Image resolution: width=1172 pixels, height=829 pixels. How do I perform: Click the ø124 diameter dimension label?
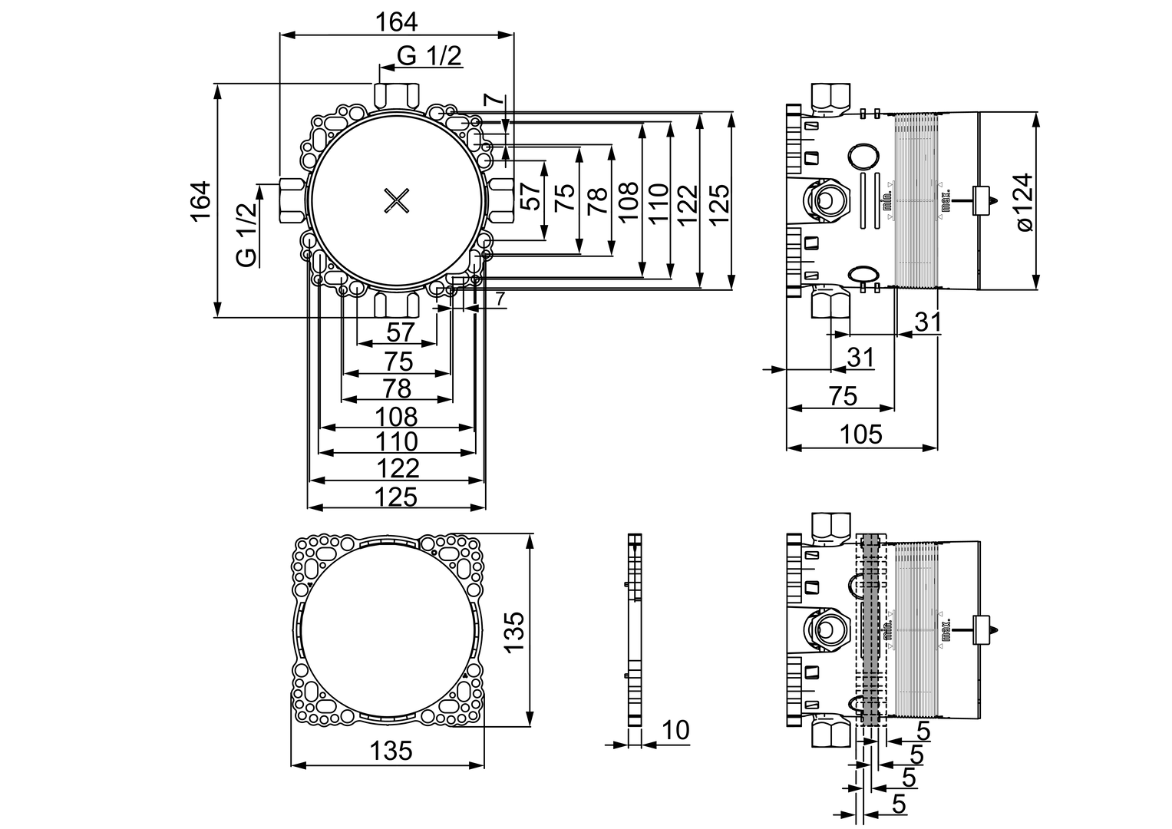tap(1024, 202)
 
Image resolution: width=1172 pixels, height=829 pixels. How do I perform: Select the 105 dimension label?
tap(860, 434)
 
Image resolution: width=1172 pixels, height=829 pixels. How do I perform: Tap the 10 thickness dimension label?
tap(675, 729)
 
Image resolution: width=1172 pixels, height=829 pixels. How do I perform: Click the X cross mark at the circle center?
tap(397, 201)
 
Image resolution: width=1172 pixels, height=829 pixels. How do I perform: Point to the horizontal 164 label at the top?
tap(397, 22)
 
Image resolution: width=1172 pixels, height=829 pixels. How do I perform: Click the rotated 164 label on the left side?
tap(201, 201)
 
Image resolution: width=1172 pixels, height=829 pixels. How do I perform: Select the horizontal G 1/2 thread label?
tap(430, 56)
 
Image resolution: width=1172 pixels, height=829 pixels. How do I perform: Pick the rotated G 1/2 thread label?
tap(247, 235)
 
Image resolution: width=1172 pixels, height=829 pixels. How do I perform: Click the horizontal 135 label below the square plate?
tap(391, 751)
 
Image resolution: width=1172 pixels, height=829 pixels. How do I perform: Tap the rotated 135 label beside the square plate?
tap(513, 632)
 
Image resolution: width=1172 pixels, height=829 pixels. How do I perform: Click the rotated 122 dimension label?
tap(688, 205)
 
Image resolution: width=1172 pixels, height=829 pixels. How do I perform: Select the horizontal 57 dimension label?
tap(400, 332)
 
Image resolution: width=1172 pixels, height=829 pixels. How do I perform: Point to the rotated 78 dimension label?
tap(597, 200)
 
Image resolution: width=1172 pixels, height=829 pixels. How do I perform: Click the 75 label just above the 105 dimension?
tap(843, 396)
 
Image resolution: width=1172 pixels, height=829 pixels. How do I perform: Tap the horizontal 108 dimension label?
tap(396, 417)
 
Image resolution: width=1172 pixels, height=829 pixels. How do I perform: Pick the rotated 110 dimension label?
tap(659, 203)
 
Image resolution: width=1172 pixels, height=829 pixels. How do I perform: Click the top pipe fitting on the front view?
tap(397, 96)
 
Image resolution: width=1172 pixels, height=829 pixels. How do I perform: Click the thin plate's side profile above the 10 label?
tap(635, 629)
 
